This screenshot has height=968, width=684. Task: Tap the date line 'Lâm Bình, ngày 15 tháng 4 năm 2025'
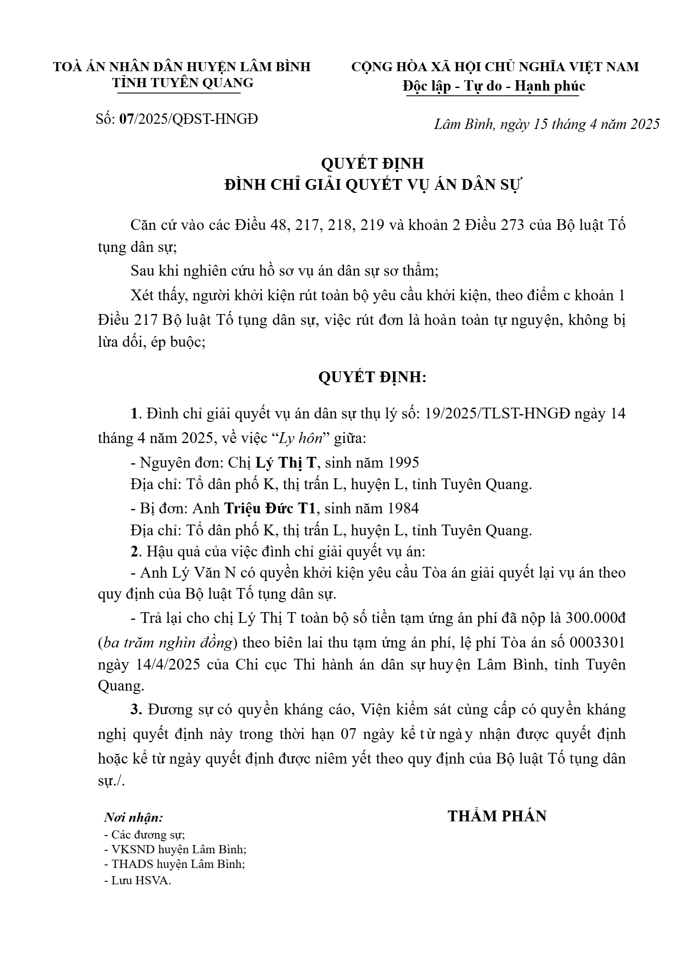click(x=546, y=124)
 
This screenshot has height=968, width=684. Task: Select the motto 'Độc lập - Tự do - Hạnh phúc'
click(x=494, y=86)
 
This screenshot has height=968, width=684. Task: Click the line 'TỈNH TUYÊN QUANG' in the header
click(x=183, y=82)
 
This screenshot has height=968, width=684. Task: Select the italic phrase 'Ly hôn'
click(x=301, y=438)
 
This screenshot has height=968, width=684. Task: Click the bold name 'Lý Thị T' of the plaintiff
click(x=286, y=462)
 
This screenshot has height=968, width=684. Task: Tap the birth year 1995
click(x=403, y=462)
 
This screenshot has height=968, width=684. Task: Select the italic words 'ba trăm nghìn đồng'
click(x=167, y=643)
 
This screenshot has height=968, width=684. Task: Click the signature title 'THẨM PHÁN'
click(x=497, y=816)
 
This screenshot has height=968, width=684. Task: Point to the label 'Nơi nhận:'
click(x=133, y=817)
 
